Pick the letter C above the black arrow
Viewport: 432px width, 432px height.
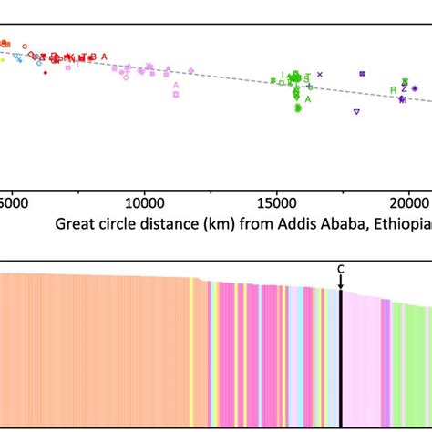[341, 268]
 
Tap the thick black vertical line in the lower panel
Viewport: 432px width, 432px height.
[341, 365]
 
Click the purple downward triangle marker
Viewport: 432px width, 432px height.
[356, 112]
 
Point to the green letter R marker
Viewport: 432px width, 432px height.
[393, 89]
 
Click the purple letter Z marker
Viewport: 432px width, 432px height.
[404, 88]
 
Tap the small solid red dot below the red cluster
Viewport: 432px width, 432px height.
[46, 72]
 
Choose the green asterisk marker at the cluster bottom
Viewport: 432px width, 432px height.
[298, 108]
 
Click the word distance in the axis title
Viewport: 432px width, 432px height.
[178, 223]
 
